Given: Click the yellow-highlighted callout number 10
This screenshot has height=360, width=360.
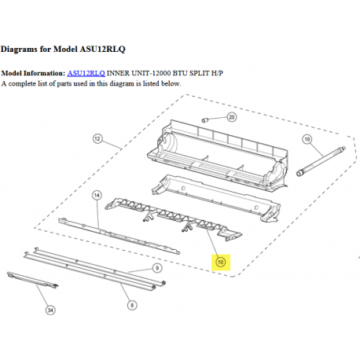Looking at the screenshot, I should click(220, 262).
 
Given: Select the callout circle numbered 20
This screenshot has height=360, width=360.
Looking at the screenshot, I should click(232, 118).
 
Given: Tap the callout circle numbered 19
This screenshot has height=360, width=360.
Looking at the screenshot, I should click(307, 139).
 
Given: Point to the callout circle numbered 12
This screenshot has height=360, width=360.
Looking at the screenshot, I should click(97, 138).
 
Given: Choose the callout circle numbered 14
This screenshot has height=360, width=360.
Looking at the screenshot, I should click(97, 194).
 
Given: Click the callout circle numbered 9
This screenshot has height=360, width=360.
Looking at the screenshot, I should click(157, 268).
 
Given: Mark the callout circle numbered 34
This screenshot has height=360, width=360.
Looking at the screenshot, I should click(50, 310).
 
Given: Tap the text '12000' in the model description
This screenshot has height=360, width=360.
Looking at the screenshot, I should click(163, 73).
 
